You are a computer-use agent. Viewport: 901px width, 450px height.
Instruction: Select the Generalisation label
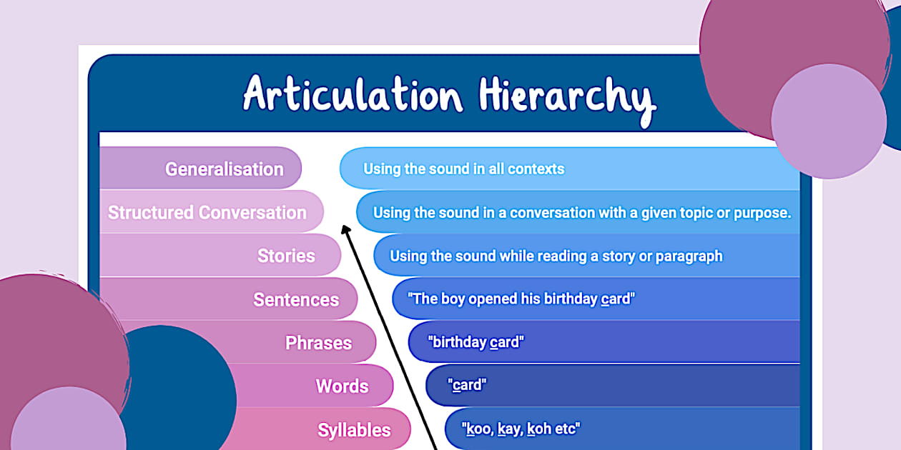point(224,169)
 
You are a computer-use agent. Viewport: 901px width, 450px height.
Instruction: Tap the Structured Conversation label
point(207,213)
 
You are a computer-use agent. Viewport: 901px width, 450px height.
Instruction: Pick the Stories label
point(286,256)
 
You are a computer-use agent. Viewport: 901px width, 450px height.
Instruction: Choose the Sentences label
point(296,299)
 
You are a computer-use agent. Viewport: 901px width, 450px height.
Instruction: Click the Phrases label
point(318,343)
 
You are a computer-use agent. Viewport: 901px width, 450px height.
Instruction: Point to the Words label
point(342,386)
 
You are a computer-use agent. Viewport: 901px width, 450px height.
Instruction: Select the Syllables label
point(354,430)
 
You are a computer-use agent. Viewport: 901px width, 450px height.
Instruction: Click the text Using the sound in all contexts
point(463,169)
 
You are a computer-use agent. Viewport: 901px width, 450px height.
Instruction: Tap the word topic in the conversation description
point(693,213)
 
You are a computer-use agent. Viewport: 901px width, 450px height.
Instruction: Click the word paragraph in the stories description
point(687,256)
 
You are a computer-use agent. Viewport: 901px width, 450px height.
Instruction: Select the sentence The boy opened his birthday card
point(521,299)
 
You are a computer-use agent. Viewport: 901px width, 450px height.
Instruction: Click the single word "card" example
point(467,386)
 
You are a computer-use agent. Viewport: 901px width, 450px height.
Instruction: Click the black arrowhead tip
point(344,229)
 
